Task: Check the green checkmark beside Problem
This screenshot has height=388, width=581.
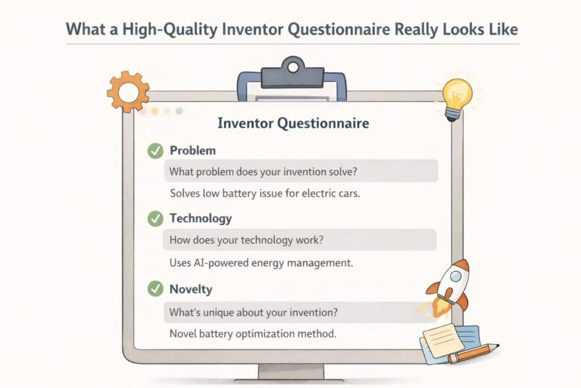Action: (154, 151)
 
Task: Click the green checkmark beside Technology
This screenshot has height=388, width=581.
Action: (154, 219)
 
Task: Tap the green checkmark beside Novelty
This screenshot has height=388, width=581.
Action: (154, 289)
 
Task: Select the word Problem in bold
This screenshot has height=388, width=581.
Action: (193, 151)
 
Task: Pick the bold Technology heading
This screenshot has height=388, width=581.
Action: (201, 219)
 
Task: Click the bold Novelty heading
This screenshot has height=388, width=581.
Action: (191, 289)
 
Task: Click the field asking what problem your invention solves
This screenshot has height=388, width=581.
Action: (300, 170)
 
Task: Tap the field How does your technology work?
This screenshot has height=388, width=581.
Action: (300, 240)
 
